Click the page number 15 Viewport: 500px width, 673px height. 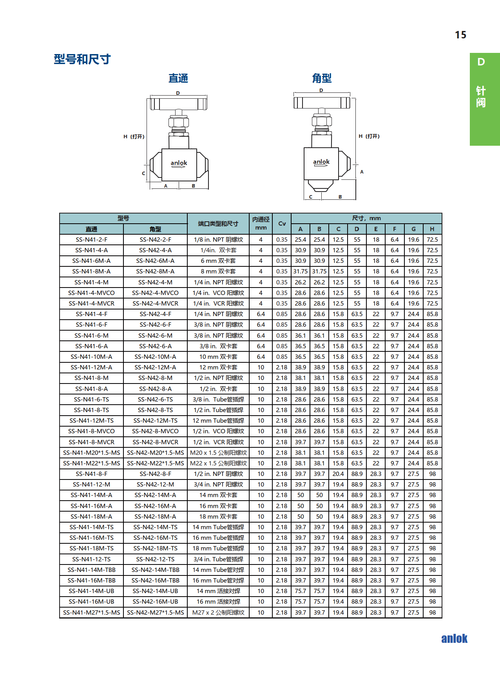460,35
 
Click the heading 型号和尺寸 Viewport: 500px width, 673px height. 82,59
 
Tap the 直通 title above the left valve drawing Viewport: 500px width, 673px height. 178,78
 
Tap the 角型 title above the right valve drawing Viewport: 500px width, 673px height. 322,78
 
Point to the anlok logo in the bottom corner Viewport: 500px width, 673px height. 454,639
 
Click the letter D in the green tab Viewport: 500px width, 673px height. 481,62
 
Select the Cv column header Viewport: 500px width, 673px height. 282,224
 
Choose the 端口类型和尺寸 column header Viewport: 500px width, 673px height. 218,224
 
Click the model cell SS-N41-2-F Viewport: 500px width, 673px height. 91,240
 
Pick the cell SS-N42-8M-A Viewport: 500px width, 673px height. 155,271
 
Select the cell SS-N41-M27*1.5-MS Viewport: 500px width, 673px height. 91,613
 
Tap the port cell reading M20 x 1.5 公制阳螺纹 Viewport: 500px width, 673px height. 218,453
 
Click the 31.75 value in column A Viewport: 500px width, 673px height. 301,271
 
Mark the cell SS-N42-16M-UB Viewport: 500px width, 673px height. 155,602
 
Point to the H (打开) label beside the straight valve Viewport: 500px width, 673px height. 134,137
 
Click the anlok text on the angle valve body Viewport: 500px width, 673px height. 321,162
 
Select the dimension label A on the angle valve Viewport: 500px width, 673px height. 362,172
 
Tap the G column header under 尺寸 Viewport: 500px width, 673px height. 413,229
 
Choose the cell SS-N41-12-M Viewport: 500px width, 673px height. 91,485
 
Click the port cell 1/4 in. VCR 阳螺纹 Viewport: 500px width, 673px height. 218,304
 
